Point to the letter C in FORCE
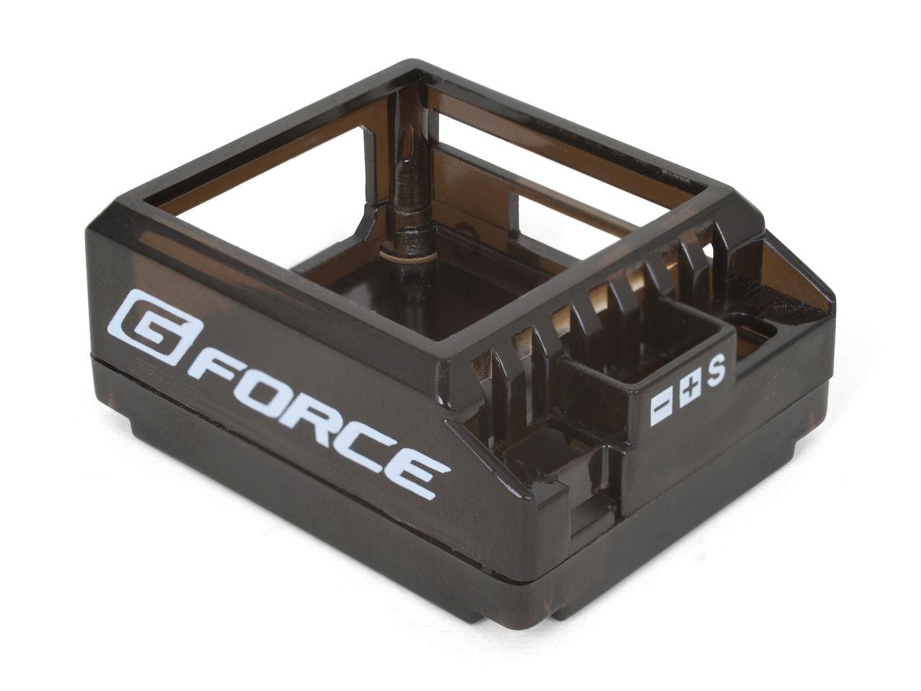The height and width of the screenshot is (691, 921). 364,444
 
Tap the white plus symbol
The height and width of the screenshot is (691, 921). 689,389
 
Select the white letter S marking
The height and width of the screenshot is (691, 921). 717,371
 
